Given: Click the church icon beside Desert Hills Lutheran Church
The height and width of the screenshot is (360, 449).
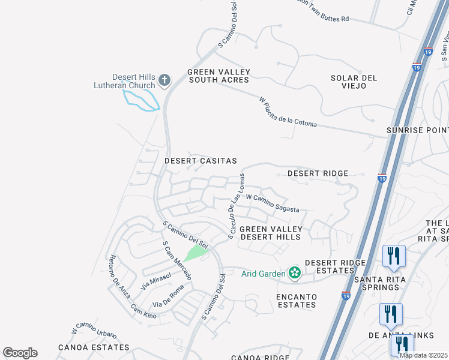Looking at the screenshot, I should coord(164,80).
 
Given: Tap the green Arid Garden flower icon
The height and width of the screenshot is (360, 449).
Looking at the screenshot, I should coord(294,274).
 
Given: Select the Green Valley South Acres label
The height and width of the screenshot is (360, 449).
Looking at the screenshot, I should coord(219,76).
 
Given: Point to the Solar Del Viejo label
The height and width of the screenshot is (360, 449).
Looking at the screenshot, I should coord(354,82).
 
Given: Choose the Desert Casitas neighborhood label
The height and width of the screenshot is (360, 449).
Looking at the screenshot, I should coord(200,161).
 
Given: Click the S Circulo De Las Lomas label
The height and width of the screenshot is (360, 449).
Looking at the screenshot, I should coord(236,206).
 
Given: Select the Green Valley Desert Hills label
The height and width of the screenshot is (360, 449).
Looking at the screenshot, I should coord(270,233).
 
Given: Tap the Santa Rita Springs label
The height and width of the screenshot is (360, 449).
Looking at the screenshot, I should coord(385,283).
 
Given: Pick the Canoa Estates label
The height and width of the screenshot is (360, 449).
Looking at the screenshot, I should coord(94,347).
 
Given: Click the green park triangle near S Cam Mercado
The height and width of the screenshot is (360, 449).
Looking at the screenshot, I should coord(194,253).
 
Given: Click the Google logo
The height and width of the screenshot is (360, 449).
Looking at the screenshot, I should coord(20,353).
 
